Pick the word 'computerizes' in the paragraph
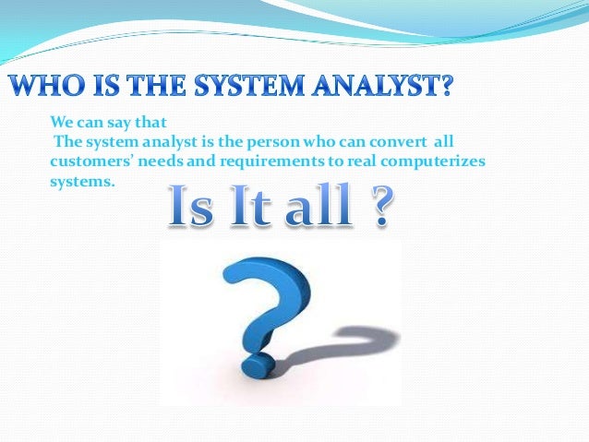point(429,162)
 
